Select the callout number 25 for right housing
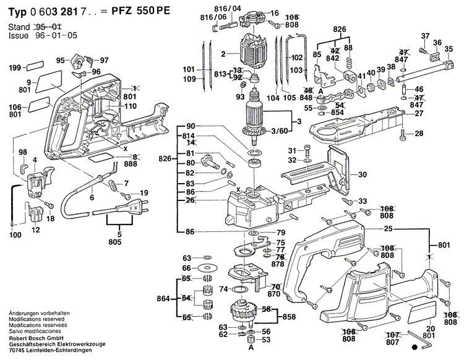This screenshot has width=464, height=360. tap(389, 229)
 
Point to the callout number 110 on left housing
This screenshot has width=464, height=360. tap(130, 107)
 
